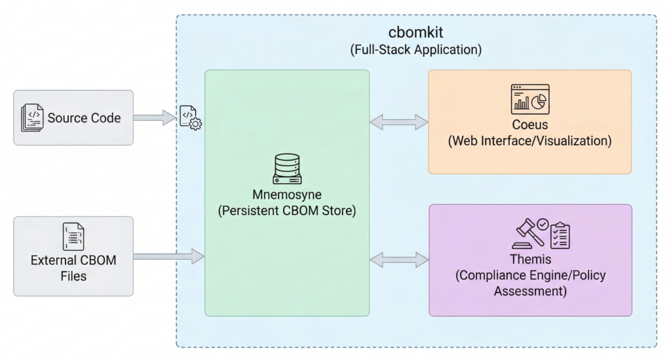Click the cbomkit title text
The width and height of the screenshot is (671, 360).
click(416, 33)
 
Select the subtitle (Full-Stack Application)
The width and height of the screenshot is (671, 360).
click(416, 49)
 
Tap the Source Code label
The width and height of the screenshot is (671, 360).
click(84, 118)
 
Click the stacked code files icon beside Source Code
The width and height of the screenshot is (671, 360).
click(32, 118)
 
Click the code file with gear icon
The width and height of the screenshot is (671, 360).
click(190, 117)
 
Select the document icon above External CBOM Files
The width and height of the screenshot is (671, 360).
click(73, 237)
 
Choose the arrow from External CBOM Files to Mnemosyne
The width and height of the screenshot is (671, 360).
click(169, 256)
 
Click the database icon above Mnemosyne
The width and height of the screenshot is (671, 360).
click(286, 169)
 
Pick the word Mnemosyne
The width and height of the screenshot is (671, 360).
click(286, 195)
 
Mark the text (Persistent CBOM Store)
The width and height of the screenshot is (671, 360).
click(286, 212)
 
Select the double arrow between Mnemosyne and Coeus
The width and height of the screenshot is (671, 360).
click(398, 121)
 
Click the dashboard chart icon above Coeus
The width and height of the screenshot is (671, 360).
click(529, 99)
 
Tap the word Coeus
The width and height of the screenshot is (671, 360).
click(529, 125)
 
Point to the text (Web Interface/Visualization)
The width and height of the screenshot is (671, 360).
click(529, 141)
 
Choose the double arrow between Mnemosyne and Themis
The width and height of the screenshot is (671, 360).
click(398, 260)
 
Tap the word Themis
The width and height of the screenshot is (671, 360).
click(530, 260)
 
